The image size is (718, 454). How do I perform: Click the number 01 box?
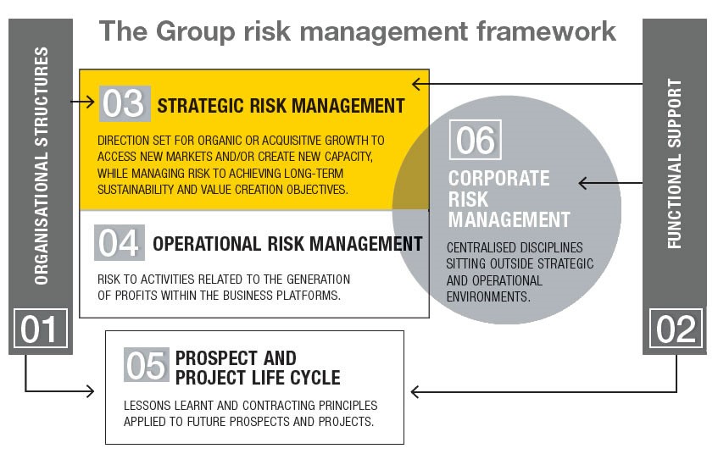(x=41, y=328)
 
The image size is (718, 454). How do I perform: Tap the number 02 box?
(x=676, y=328)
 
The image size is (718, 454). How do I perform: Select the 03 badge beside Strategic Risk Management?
(x=125, y=103)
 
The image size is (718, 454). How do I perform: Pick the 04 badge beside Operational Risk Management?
(x=119, y=242)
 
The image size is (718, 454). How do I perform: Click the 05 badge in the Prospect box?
(x=146, y=365)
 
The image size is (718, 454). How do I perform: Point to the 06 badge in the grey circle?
(x=476, y=140)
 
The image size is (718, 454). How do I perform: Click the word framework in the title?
(x=546, y=31)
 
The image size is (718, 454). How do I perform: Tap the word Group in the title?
(x=195, y=32)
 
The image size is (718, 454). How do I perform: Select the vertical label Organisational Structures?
(x=42, y=166)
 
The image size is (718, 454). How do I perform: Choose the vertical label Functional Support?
(x=675, y=163)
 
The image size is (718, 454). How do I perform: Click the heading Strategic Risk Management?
(x=281, y=106)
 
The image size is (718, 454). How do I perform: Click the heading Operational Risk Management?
(x=287, y=244)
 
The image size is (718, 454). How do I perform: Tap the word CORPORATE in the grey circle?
(x=498, y=179)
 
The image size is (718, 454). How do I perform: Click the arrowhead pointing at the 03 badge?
(x=90, y=101)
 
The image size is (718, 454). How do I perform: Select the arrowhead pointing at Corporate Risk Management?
(x=583, y=183)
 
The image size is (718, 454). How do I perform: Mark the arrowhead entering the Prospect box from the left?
(x=90, y=390)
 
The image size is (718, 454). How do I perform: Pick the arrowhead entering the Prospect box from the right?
(x=415, y=392)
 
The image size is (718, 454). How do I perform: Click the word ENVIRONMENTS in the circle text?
(x=488, y=296)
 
